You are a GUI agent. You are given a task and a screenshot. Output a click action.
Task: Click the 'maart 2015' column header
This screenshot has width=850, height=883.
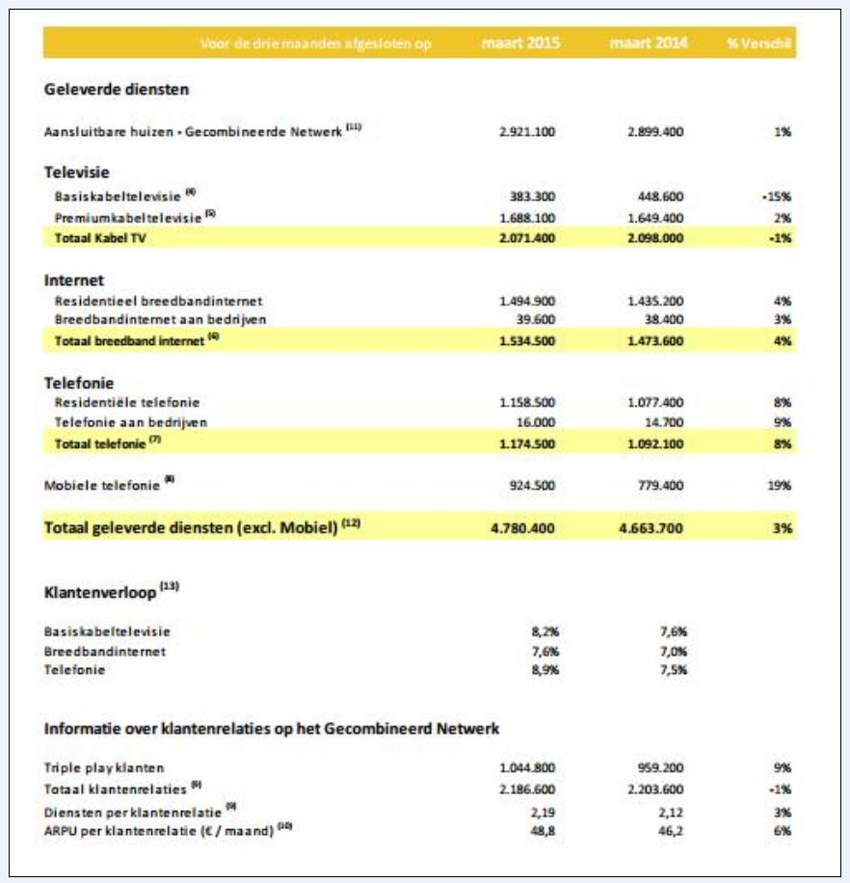(x=521, y=43)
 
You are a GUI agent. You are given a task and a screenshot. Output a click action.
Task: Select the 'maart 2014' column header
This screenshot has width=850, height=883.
(x=649, y=43)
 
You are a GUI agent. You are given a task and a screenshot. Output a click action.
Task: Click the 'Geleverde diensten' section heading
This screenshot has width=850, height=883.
(x=117, y=90)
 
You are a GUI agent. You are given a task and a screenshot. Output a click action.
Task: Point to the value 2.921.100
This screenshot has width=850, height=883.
(x=527, y=131)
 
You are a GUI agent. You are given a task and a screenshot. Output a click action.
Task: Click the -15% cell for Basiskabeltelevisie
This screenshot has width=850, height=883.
(x=776, y=196)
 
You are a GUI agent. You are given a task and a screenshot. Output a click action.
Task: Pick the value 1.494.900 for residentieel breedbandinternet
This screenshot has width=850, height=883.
(x=527, y=302)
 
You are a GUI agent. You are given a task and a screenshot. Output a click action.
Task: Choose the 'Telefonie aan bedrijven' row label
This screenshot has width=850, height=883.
(x=131, y=422)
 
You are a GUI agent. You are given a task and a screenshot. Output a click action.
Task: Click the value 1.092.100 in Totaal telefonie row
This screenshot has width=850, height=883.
(x=655, y=443)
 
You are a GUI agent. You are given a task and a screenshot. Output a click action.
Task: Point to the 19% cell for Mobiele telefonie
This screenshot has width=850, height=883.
(x=780, y=486)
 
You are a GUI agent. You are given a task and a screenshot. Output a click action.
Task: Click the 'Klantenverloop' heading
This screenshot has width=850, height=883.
(x=100, y=593)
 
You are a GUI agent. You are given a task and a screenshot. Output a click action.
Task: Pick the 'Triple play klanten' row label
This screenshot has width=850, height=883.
(x=104, y=768)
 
